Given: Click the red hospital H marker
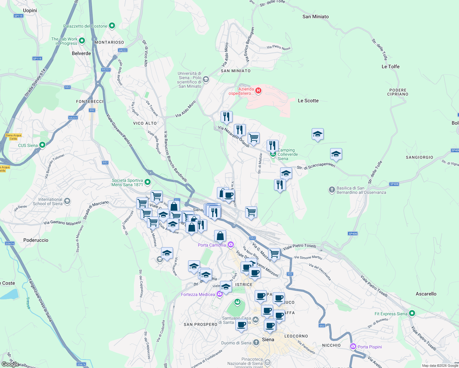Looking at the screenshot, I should coord(258,90).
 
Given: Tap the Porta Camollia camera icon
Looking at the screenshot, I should coord(231,245).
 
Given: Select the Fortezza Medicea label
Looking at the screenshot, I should coord(198,294).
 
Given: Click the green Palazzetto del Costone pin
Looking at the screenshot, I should coord(112,26).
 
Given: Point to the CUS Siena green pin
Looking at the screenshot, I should coord(42,145).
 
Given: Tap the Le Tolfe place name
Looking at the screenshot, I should coord(390,67).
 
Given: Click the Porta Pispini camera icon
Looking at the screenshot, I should coord(353,347).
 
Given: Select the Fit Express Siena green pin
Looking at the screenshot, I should coord(412,313).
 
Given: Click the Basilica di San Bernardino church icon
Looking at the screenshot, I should coord(332,190).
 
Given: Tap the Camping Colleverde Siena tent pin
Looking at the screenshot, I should coord(273,154).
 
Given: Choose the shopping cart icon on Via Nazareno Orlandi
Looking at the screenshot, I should coord(253,138).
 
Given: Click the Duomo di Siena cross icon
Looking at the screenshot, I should coord(256,342).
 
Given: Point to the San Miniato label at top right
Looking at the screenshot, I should coord(315,17).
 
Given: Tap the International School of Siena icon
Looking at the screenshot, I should coord(67,201).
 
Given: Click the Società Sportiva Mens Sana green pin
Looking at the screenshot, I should coord(148,182).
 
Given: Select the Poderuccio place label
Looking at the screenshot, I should coord(36,240).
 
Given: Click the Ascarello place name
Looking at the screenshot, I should coord(426,294).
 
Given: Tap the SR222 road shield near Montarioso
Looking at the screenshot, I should coord(122,50).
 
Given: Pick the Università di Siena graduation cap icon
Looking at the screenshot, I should coord(206,79).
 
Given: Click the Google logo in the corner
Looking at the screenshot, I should coord(10,364).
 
